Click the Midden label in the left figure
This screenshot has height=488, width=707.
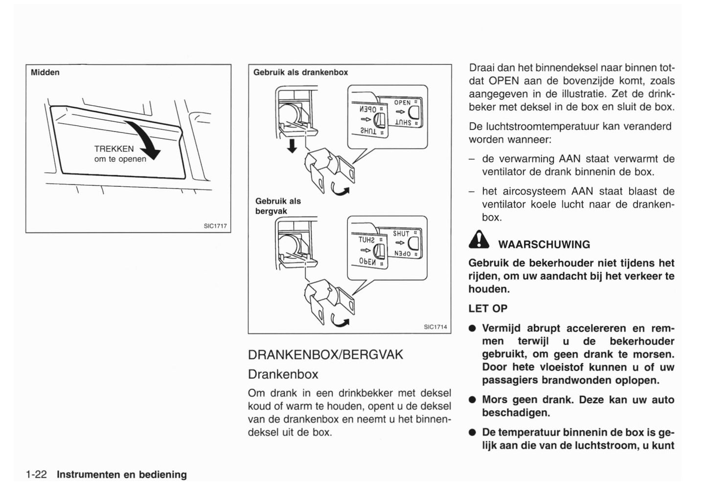click(45, 72)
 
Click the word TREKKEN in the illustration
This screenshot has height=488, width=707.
click(114, 149)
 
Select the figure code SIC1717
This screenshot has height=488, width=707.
click(215, 226)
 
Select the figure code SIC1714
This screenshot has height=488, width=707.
click(435, 327)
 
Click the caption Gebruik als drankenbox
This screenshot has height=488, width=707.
click(300, 72)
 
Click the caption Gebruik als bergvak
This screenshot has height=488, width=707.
click(278, 206)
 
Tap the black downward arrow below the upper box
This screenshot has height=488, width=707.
click(292, 145)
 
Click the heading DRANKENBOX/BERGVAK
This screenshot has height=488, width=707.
click(325, 355)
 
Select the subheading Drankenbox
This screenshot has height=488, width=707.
click(283, 374)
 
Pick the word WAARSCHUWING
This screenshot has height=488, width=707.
click(544, 244)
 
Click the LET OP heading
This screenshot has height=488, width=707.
click(488, 309)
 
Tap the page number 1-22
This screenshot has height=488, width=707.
click(36, 474)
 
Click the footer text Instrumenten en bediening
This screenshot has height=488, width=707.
click(122, 474)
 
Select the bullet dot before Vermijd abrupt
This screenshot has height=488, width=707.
click(472, 329)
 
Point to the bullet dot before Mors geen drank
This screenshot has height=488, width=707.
click(472, 400)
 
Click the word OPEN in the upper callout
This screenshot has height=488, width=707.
click(402, 103)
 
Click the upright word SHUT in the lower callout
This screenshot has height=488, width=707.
click(401, 234)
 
